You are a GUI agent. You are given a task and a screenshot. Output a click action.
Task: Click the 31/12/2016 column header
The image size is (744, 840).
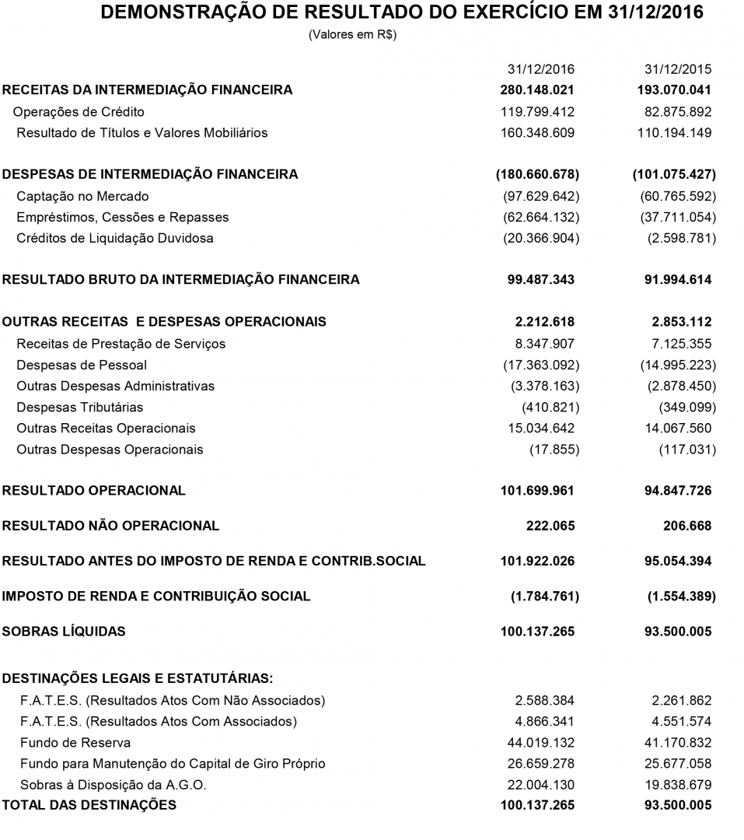click(x=541, y=68)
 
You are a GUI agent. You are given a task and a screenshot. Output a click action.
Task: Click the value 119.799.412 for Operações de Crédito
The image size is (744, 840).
click(x=538, y=111)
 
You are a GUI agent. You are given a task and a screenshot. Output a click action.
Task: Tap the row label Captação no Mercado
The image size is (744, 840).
click(x=82, y=196)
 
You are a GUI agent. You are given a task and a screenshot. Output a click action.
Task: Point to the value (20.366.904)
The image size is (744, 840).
click(x=541, y=238)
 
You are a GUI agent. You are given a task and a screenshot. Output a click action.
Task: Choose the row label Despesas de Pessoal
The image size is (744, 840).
click(x=82, y=365)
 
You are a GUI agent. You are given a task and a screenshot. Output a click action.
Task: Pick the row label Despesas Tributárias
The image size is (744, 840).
click(x=80, y=407)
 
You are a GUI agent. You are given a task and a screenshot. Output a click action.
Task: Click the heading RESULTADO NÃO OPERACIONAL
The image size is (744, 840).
click(x=111, y=526)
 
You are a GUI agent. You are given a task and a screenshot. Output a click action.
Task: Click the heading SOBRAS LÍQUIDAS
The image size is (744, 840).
click(x=64, y=632)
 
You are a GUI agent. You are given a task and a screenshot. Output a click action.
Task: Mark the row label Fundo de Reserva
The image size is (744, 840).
click(x=75, y=743)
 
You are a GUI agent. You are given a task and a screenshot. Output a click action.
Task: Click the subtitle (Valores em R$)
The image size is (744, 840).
click(x=353, y=35)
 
